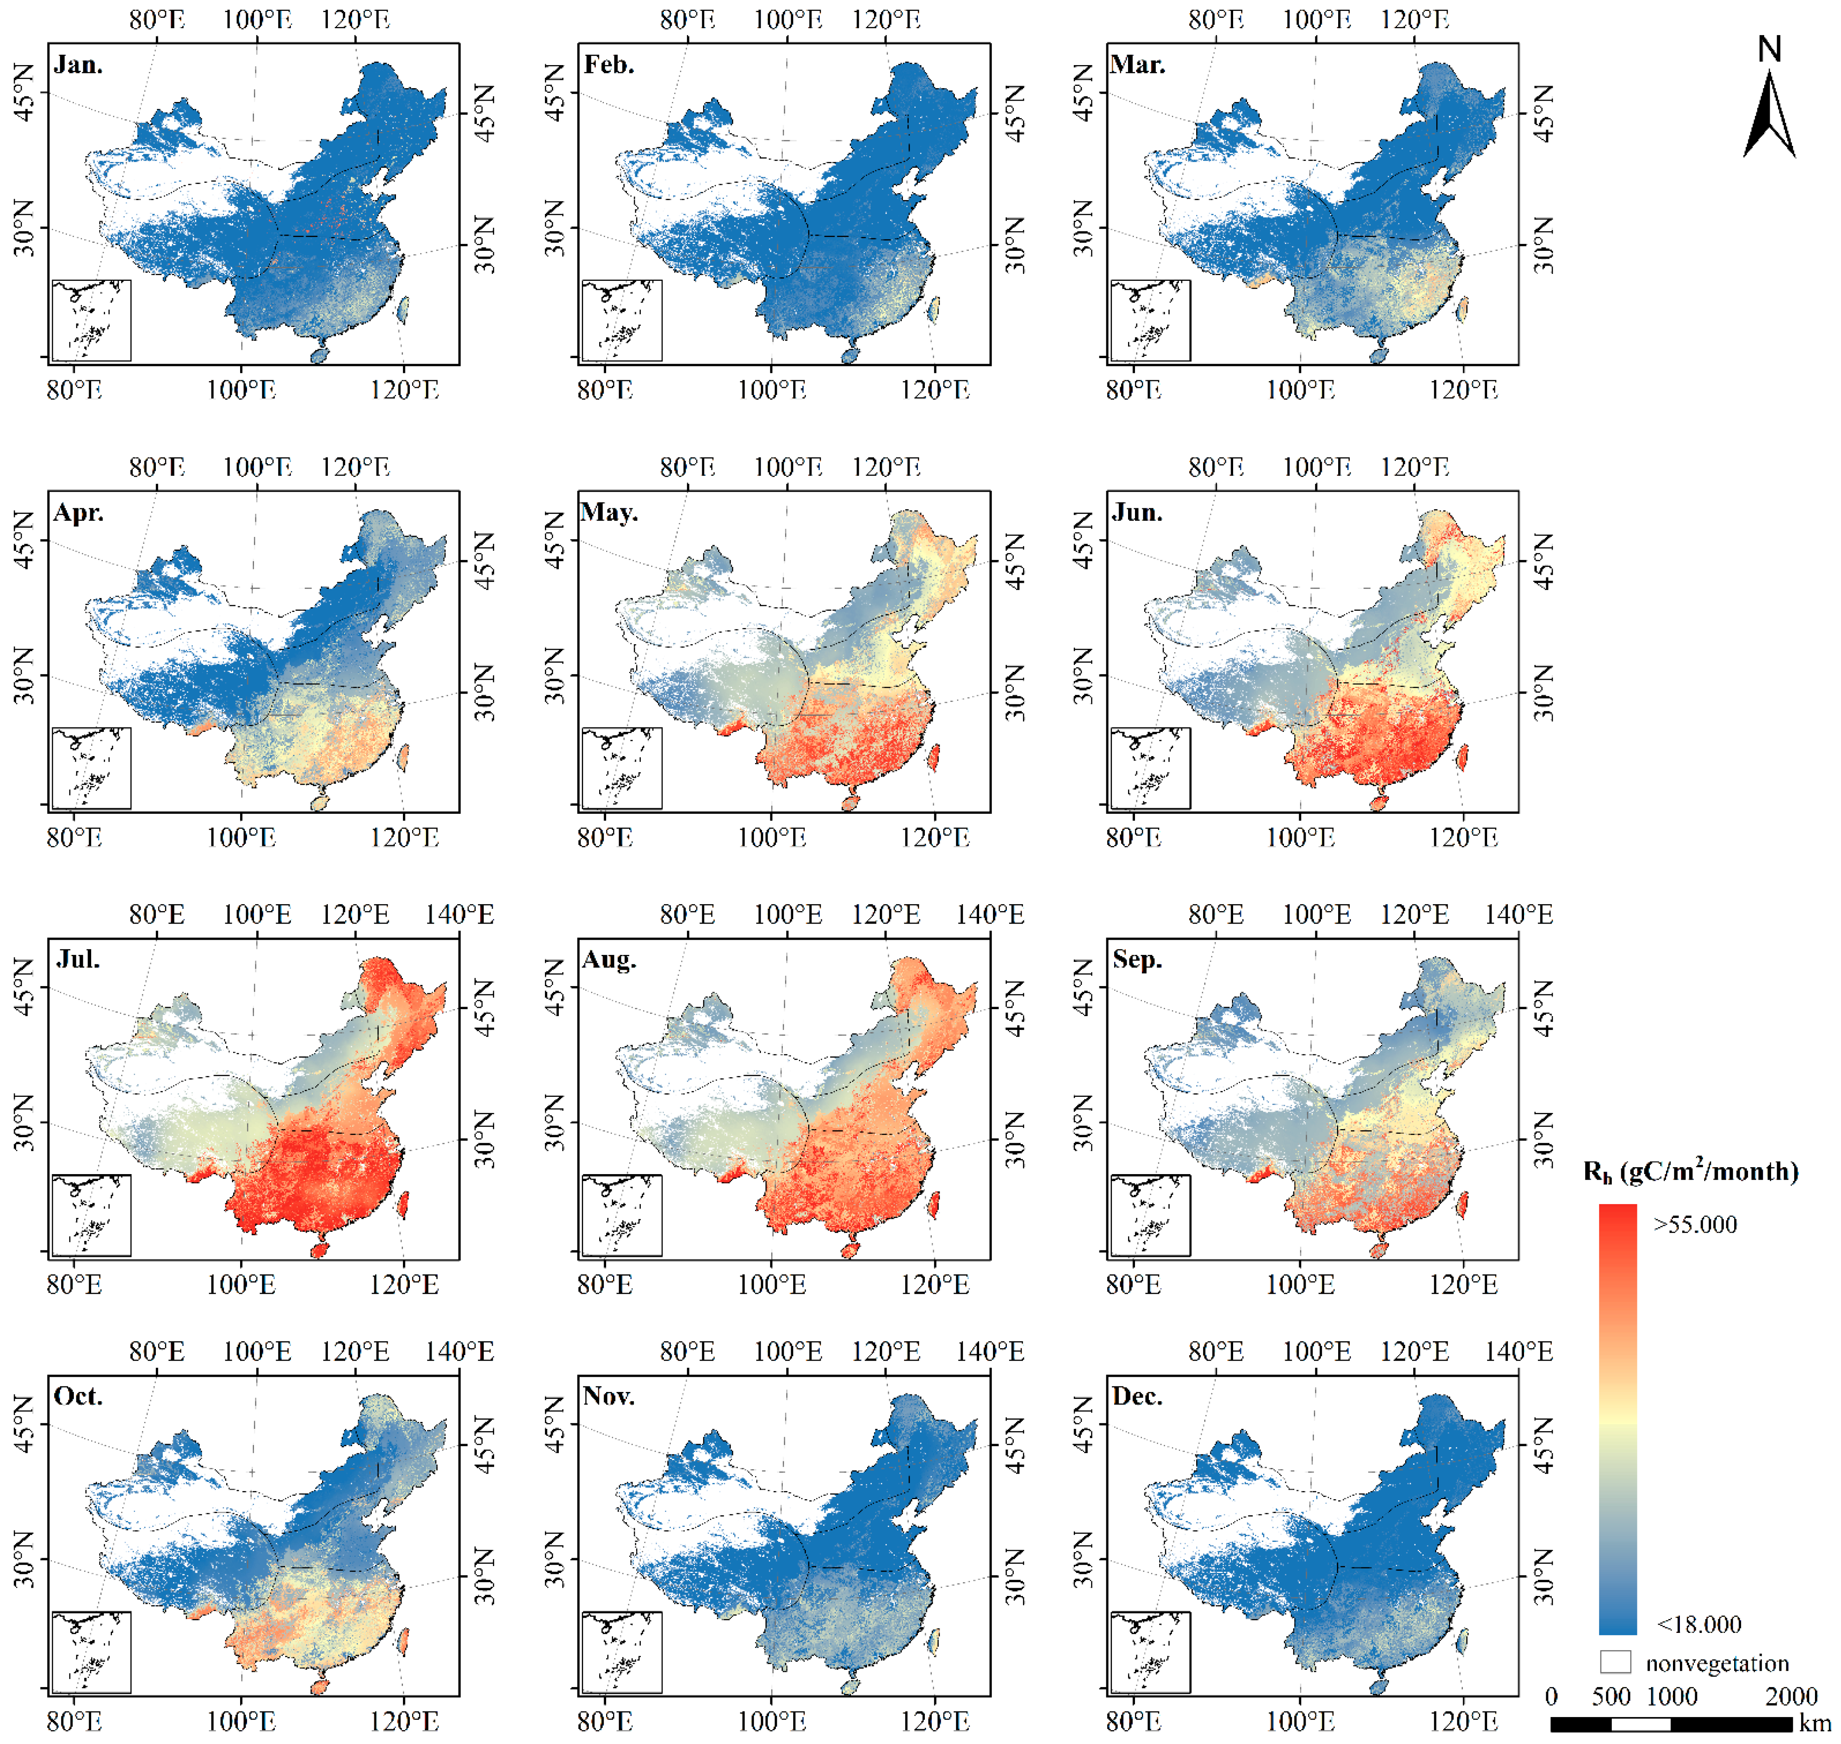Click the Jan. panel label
pos(78,65)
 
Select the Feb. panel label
pos(609,65)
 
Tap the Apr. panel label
pos(78,513)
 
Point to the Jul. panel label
pos(78,959)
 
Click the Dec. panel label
pos(1136,1396)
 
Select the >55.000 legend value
pos(1694,1224)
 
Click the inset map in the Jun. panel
pos(1150,768)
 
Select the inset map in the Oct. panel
pos(91,1651)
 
